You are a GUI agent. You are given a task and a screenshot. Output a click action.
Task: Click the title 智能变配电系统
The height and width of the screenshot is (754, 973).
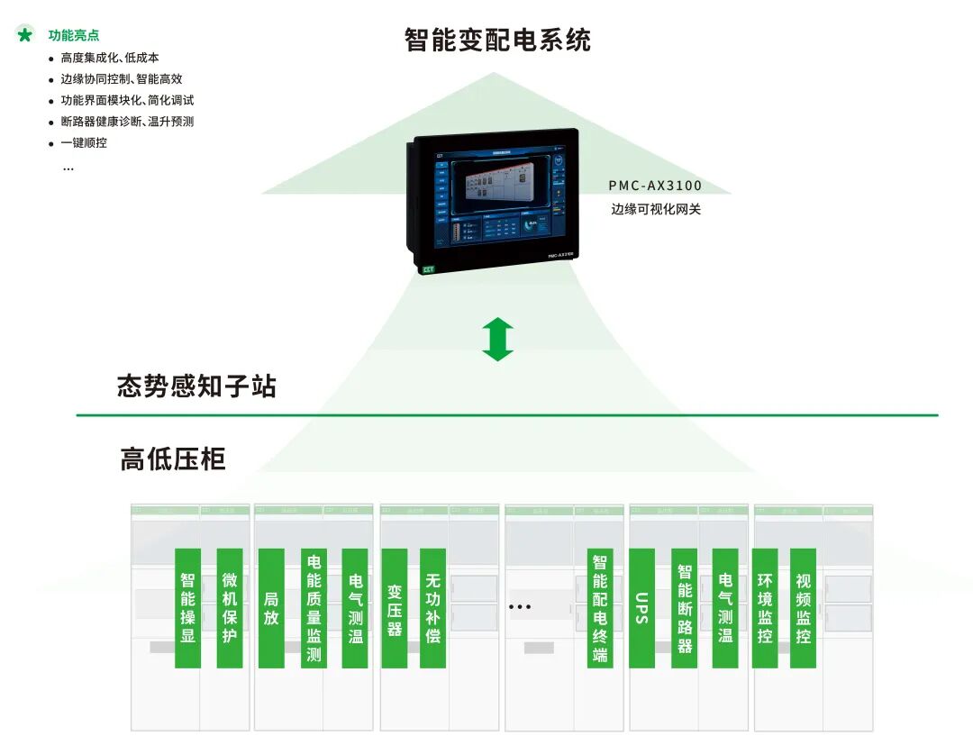pyautogui.click(x=497, y=41)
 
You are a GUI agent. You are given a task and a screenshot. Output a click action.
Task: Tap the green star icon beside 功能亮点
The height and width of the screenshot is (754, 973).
pyautogui.click(x=25, y=35)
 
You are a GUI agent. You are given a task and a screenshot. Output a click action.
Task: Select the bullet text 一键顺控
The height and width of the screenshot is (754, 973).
pyautogui.click(x=84, y=142)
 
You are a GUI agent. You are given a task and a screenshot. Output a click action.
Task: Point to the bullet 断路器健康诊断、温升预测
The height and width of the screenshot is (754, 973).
pyautogui.click(x=127, y=122)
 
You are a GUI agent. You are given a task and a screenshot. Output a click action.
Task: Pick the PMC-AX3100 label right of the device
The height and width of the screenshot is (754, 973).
pyautogui.click(x=655, y=186)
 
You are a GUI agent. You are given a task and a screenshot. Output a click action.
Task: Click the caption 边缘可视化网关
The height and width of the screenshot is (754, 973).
pyautogui.click(x=655, y=210)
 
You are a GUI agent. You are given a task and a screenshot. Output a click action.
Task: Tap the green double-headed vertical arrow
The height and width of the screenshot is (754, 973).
pyautogui.click(x=497, y=340)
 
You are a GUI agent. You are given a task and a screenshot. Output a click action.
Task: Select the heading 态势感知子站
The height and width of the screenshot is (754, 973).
pyautogui.click(x=196, y=387)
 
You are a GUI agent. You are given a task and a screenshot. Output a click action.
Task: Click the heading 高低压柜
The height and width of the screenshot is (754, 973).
pyautogui.click(x=173, y=459)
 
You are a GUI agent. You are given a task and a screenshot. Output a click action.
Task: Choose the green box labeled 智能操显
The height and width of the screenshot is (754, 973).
pyautogui.click(x=187, y=608)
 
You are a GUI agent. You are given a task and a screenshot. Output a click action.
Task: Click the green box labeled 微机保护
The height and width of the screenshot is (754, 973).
pyautogui.click(x=230, y=608)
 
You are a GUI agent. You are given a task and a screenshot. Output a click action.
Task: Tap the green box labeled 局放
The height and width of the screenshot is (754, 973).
pyautogui.click(x=271, y=608)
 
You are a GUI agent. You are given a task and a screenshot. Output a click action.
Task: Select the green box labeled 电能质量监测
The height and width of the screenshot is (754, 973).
pyautogui.click(x=314, y=608)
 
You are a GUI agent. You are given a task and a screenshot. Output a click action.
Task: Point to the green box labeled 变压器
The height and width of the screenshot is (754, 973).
pyautogui.click(x=395, y=608)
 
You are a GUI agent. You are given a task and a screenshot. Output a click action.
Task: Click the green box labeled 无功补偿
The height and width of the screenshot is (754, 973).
pyautogui.click(x=433, y=608)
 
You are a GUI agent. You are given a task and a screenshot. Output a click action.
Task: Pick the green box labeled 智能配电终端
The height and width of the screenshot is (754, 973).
pyautogui.click(x=600, y=608)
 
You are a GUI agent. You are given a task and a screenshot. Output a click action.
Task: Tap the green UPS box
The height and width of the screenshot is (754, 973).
pyautogui.click(x=641, y=608)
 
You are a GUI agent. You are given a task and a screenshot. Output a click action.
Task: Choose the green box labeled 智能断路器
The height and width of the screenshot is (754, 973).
pyautogui.click(x=684, y=608)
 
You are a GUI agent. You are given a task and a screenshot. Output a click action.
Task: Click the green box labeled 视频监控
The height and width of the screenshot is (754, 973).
pyautogui.click(x=803, y=608)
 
